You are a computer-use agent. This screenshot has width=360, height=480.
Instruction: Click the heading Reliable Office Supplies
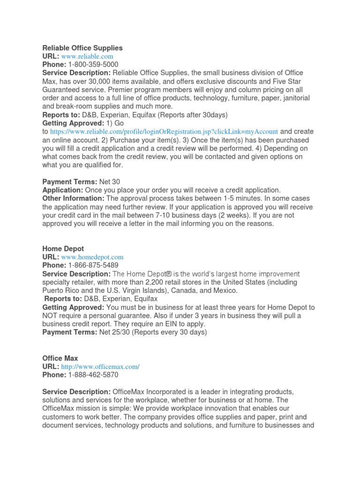click(82, 48)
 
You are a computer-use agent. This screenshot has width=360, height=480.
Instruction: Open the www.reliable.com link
click(87, 56)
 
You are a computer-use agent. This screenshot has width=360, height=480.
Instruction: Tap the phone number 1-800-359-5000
click(93, 65)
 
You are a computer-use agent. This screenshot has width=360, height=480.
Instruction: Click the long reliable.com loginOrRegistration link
click(164, 132)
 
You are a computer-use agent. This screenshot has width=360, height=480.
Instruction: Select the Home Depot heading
click(63, 248)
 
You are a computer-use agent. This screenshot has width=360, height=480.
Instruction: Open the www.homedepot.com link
click(92, 257)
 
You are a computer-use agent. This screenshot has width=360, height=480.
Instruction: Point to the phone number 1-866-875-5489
click(93, 265)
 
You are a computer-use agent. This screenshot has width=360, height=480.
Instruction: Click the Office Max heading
click(60, 358)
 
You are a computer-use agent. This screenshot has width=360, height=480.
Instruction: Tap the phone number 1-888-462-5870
click(93, 375)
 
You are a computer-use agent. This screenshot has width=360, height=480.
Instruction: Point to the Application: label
click(62, 190)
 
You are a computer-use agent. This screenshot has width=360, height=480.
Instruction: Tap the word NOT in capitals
click(51, 315)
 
